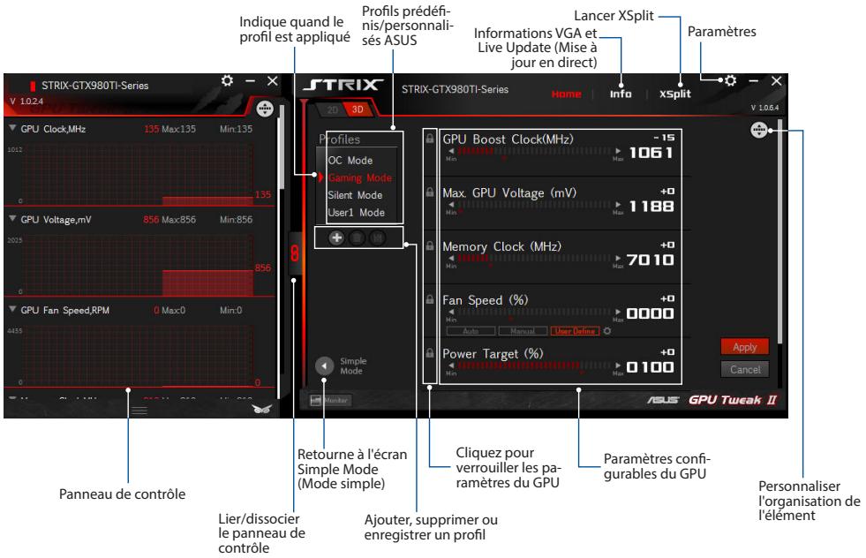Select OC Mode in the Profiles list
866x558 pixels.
[350, 161]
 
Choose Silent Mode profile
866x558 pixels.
[355, 195]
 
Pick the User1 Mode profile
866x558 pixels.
[356, 213]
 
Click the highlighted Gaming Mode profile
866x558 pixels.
[359, 177]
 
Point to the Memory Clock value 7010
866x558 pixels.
[651, 260]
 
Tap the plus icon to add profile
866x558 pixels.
[336, 238]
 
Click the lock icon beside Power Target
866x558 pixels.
[430, 352]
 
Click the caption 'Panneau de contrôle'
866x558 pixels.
[122, 494]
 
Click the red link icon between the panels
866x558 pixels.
[295, 253]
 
